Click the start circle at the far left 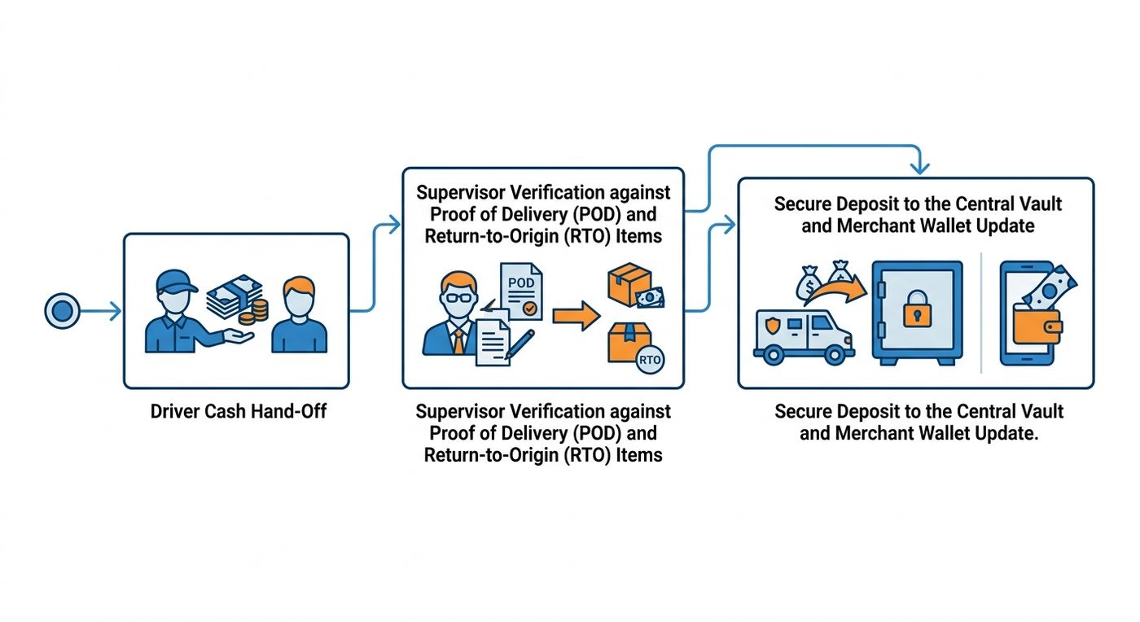62,310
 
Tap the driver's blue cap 176,282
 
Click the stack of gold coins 254,312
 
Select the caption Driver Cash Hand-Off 238,411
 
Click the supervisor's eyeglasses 459,299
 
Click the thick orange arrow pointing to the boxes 577,316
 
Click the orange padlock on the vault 917,309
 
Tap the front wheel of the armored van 835,354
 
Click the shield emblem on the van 772,326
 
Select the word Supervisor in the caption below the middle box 458,412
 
